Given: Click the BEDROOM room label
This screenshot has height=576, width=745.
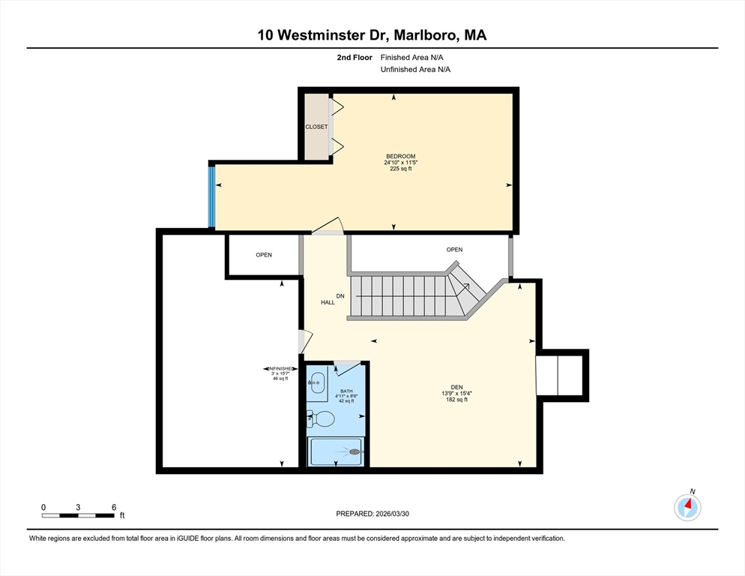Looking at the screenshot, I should click(x=400, y=156).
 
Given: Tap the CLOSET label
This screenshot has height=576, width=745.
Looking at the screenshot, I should click(x=316, y=127).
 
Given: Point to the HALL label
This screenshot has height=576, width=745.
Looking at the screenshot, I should click(x=328, y=302).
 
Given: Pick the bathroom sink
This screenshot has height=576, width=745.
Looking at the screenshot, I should click(x=318, y=382).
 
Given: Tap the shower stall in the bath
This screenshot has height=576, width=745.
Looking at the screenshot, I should click(x=337, y=451).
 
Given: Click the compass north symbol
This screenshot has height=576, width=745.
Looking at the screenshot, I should click(x=687, y=508).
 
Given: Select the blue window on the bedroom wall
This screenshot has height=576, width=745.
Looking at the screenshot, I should click(x=211, y=196).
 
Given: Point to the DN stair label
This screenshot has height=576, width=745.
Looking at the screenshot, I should click(x=340, y=295).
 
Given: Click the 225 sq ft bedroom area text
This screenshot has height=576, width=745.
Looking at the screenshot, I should click(x=400, y=169).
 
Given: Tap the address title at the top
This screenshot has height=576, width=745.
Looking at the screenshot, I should click(x=372, y=34).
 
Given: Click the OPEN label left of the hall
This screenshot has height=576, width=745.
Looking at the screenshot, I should click(x=264, y=255).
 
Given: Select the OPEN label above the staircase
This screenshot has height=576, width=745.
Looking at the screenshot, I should click(x=454, y=250).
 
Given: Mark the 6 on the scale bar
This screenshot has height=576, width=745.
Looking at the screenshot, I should click(x=113, y=507).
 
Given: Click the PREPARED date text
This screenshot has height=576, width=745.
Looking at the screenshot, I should click(x=372, y=514).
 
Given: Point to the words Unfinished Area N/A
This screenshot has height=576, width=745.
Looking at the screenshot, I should click(x=416, y=70).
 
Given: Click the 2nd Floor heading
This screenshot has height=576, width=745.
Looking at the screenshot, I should click(x=355, y=57).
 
